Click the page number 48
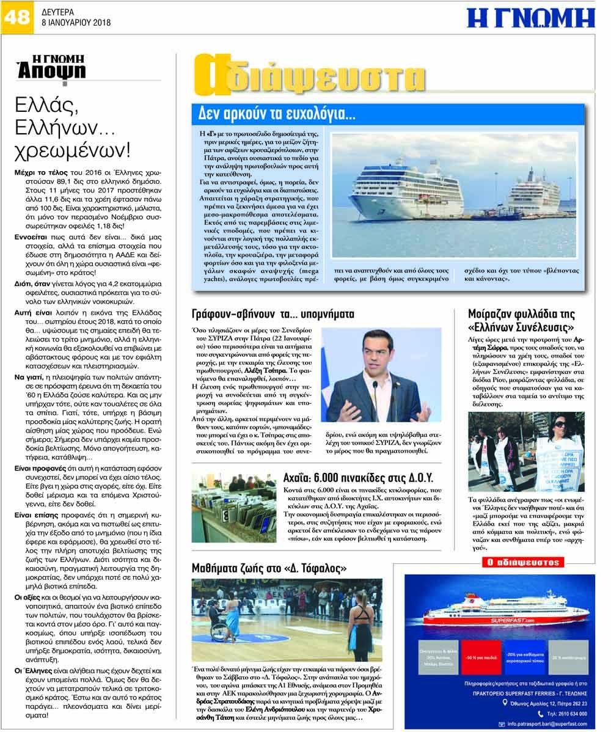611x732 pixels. coord(16,16)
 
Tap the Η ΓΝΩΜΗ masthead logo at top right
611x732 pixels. coord(530,18)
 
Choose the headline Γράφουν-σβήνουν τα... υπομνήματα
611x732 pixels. coord(273,314)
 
